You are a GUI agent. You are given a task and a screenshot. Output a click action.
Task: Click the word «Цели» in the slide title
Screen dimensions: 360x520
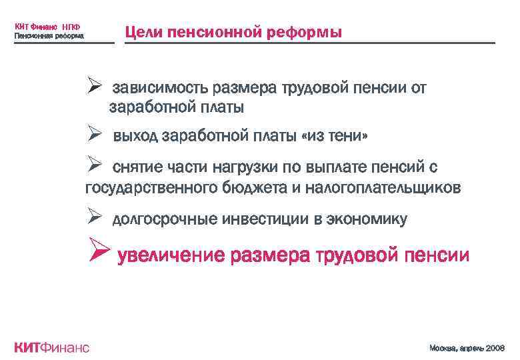144,33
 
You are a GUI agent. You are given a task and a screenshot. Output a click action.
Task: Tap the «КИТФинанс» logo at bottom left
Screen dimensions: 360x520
51,347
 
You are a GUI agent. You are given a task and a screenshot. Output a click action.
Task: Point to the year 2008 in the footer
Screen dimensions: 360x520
495,348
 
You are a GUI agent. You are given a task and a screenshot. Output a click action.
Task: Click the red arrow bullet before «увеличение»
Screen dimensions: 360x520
99,254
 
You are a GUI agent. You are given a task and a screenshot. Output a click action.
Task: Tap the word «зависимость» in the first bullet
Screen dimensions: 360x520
158,88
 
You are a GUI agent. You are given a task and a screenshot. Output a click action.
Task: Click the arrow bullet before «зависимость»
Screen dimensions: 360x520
94,87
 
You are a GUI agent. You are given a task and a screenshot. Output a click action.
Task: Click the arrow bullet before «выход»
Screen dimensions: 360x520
94,135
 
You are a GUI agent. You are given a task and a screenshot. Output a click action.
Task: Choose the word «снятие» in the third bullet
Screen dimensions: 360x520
136,167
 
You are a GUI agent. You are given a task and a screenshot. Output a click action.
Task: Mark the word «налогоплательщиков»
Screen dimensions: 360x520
383,188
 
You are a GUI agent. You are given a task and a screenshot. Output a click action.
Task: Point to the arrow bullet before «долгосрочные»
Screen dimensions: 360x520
94,217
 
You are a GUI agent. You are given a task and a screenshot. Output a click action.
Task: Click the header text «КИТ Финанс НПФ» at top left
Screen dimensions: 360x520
47,27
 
